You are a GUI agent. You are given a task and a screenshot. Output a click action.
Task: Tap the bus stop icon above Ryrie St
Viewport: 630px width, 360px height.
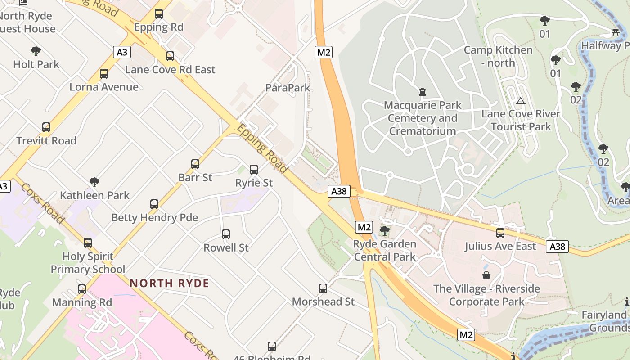coord(254,170)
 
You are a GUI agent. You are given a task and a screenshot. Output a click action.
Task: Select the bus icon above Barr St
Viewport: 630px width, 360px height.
coord(195,164)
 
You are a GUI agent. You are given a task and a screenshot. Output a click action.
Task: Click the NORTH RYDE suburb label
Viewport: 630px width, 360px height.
coord(169,283)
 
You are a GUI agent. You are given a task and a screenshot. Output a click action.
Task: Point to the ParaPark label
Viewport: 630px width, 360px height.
coord(288,88)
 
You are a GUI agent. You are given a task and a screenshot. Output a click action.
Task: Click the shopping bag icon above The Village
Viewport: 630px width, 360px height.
coord(486,275)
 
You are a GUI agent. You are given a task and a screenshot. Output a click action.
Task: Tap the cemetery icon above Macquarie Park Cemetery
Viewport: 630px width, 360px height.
coord(422,92)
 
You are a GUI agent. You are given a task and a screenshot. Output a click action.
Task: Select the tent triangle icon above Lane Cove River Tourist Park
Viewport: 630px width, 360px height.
coord(521,101)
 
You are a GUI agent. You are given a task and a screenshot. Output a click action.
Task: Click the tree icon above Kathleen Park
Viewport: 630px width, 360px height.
coord(94,182)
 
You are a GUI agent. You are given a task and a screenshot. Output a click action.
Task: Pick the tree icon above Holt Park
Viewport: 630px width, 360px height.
coord(36,51)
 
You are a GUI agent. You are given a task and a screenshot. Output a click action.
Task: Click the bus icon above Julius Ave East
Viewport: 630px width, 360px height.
coord(500,233)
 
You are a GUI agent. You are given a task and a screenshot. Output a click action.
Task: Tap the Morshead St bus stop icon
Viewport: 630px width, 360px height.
coord(323,288)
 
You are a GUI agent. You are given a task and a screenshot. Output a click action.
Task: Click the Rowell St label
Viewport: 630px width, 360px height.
coord(226,247)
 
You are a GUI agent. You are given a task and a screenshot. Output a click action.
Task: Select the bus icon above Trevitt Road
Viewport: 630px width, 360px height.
coord(46,127)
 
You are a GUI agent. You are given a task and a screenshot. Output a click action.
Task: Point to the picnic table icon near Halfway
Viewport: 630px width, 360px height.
coord(616,32)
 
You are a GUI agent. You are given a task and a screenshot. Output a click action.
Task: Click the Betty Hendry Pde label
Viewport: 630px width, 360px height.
coord(154,218)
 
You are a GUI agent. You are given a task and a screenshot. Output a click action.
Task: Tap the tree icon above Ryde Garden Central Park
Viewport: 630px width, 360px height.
coord(384,231)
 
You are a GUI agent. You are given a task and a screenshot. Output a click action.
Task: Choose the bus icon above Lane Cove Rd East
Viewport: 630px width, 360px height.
coord(170,56)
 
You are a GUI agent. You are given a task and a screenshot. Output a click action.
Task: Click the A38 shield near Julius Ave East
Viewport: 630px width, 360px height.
coord(557,246)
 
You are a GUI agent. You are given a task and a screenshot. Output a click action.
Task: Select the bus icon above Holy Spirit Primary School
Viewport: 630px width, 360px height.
coord(88,243)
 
